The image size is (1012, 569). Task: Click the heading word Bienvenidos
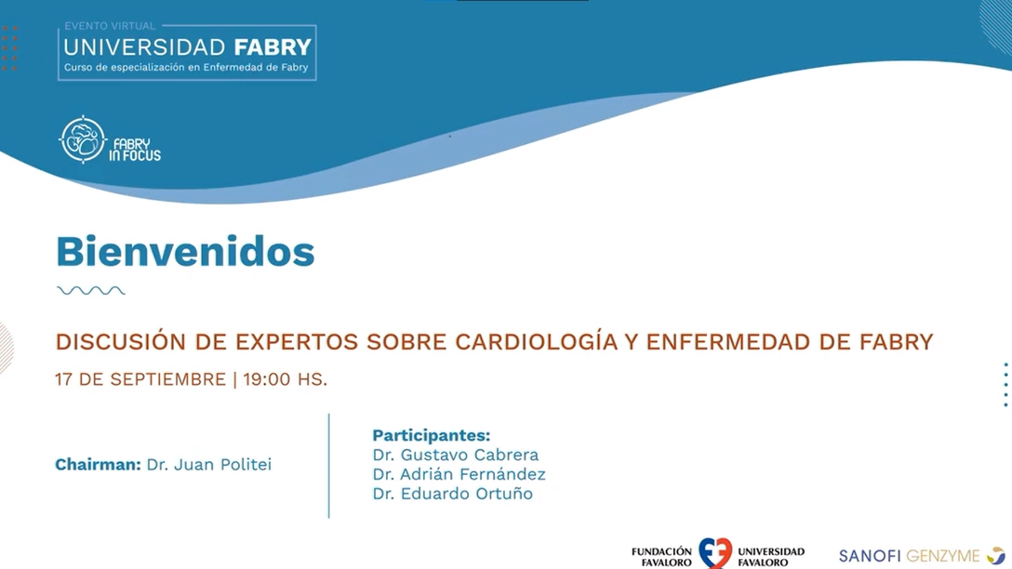point(185,251)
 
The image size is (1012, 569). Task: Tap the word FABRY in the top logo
point(273,47)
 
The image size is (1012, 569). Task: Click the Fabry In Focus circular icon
point(83,139)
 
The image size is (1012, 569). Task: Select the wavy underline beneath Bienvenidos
point(91,291)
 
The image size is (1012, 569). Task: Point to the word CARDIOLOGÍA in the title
point(537,341)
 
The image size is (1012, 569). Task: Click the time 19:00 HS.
point(286,379)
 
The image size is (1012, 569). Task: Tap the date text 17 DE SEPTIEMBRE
point(140,379)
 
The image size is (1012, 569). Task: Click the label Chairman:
point(98,465)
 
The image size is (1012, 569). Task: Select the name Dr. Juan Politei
point(209,465)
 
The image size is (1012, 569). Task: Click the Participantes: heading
point(432,435)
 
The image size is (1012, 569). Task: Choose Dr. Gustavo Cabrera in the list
point(456,455)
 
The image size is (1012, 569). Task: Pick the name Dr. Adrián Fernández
point(459,474)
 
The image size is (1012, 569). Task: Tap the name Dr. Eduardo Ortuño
point(452,494)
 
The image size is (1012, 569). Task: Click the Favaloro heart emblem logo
point(715,553)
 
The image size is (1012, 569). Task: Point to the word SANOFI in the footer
point(870,555)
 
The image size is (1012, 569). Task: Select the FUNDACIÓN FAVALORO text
point(661,557)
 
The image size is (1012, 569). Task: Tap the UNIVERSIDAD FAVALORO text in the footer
point(771,557)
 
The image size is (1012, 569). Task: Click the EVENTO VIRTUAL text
point(110,26)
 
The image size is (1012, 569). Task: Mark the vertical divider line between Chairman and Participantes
point(329,465)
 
